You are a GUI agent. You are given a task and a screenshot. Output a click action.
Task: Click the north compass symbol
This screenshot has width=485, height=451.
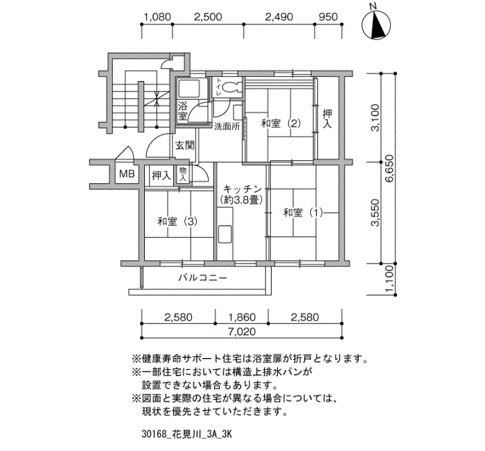point(376,25)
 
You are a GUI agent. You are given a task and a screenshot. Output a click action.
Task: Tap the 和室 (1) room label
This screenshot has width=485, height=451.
point(303,213)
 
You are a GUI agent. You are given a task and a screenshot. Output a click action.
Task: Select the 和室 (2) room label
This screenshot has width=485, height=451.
point(281,124)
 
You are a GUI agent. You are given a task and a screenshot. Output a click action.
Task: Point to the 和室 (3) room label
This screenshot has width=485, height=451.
point(177,221)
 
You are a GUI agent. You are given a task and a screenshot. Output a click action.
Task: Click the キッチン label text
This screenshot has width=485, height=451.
point(242,189)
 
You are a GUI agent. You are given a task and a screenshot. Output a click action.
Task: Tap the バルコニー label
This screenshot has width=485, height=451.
point(202,278)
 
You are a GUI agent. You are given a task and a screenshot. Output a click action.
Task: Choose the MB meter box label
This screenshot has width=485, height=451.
point(127,173)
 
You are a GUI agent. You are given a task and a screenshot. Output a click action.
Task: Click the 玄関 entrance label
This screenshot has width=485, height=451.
point(185,145)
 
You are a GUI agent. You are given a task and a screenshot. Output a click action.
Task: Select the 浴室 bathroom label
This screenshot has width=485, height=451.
point(182,111)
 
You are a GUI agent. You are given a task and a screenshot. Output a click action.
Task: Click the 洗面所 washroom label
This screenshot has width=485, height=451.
point(227,127)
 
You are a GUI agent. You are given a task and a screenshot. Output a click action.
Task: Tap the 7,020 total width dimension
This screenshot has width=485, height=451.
point(242,332)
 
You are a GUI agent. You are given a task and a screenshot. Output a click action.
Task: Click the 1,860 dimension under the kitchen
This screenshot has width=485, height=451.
point(242,317)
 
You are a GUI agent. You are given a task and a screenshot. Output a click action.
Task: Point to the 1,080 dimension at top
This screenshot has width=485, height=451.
point(157,17)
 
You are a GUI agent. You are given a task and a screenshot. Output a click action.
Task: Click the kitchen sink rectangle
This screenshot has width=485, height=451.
point(224,235)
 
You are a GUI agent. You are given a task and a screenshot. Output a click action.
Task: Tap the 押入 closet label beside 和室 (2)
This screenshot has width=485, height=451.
point(327,119)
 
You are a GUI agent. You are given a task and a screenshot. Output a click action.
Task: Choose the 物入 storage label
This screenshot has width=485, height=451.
point(183,174)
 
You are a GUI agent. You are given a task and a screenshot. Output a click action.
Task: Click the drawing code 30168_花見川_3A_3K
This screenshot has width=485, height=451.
point(186,434)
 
